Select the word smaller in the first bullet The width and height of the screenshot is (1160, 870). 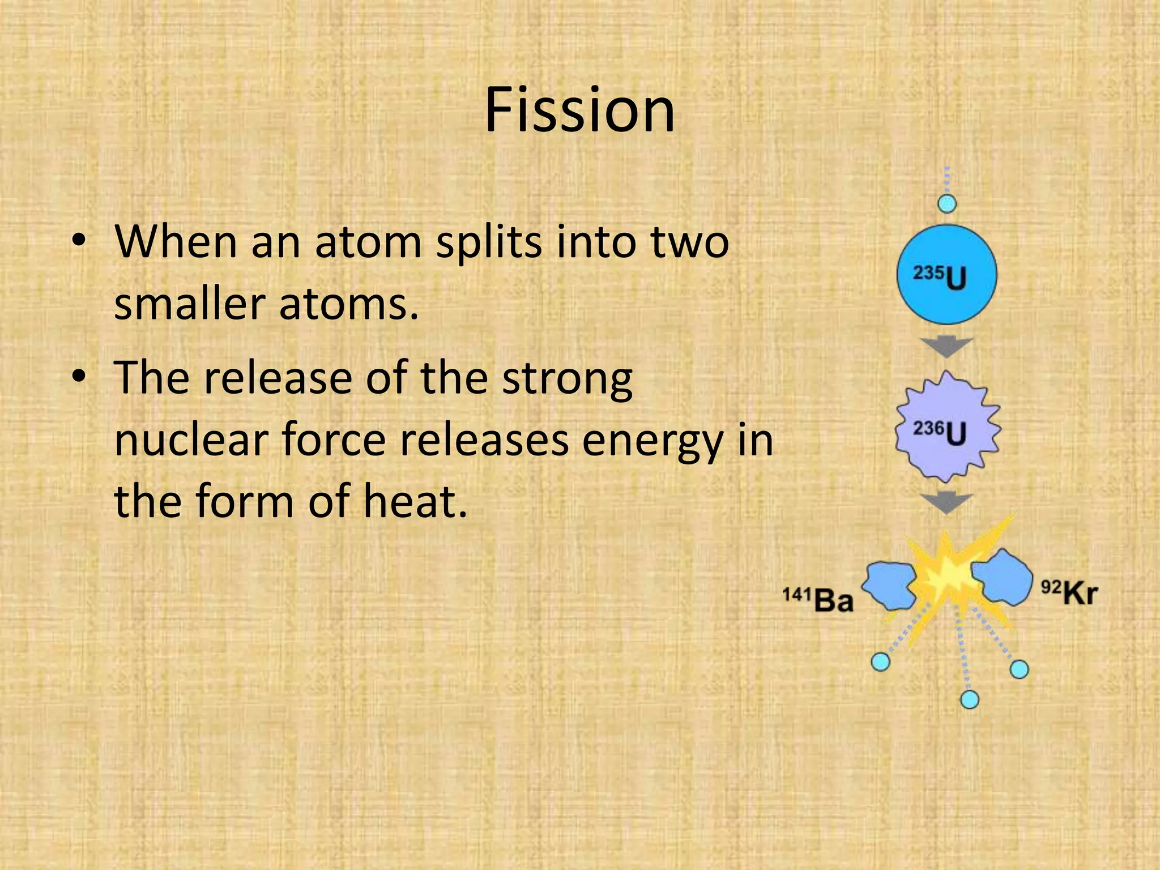190,304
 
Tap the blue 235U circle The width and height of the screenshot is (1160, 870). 947,275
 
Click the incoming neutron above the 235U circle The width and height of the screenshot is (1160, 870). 947,203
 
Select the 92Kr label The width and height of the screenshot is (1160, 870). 1069,594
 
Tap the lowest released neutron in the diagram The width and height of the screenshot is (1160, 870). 970,700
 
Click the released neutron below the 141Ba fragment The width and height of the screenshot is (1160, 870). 880,662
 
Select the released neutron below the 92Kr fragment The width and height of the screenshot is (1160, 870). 1019,670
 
